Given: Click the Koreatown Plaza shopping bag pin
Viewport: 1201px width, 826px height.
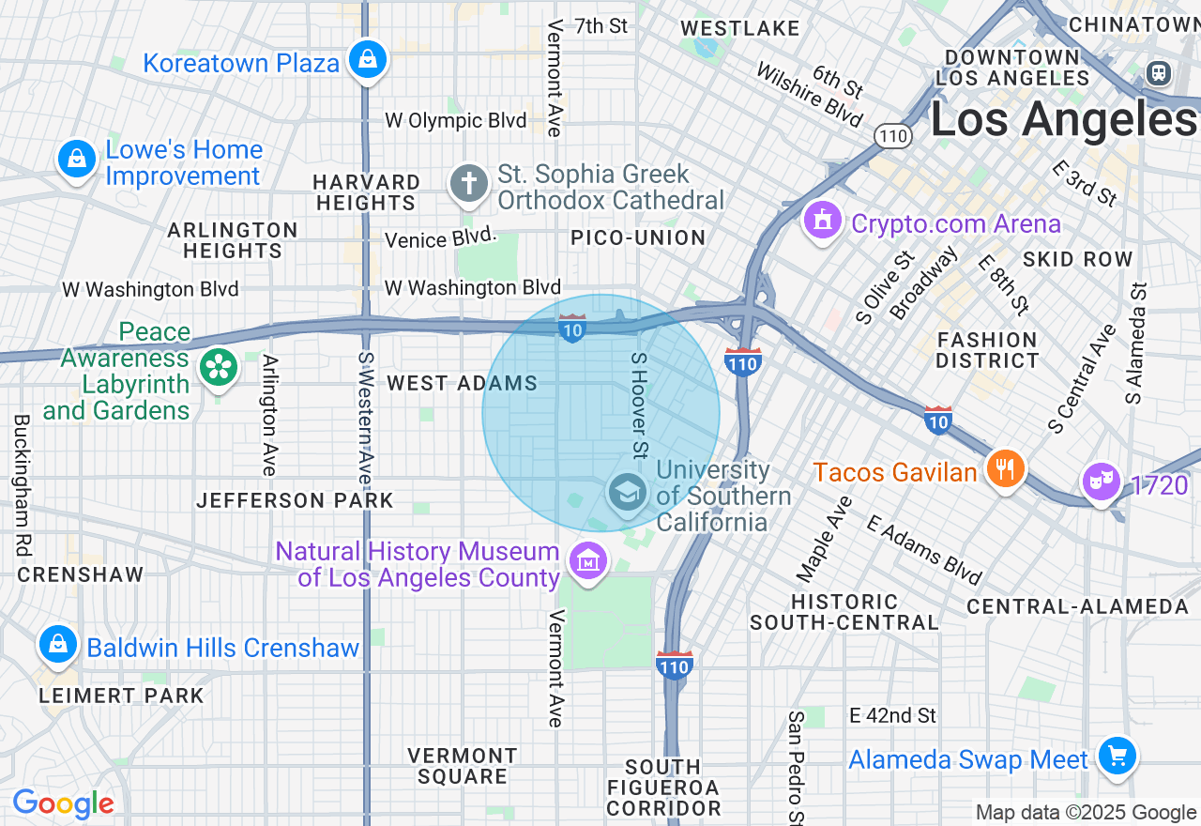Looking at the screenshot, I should (367, 60).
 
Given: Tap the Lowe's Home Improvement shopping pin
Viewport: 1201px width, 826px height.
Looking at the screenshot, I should (77, 160).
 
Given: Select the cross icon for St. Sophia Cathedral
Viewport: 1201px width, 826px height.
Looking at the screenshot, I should (468, 184).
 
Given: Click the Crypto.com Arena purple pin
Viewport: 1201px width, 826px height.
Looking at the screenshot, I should (823, 222).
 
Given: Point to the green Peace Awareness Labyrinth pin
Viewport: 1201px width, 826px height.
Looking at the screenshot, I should (219, 368).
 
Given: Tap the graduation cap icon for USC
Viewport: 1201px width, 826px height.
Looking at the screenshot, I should (627, 491).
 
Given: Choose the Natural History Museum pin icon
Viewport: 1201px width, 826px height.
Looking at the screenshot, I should (587, 561).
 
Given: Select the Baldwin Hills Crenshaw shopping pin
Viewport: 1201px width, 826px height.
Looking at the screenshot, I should (58, 645).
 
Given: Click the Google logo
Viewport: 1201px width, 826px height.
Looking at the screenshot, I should (63, 803).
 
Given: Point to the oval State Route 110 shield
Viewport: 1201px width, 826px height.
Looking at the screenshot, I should (894, 136).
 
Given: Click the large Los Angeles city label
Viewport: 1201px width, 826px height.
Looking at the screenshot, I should (1063, 119).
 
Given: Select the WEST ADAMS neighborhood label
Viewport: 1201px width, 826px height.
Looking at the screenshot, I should (463, 383).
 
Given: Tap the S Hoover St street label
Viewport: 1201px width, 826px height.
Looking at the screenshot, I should (639, 405).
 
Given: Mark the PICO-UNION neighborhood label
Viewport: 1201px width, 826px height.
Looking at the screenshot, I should (639, 238).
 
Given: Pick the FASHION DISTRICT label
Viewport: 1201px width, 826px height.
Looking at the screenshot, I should (987, 350).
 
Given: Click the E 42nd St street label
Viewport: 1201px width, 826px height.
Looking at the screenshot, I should (892, 715).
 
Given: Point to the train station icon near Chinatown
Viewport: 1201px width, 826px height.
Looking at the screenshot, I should (1159, 72).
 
